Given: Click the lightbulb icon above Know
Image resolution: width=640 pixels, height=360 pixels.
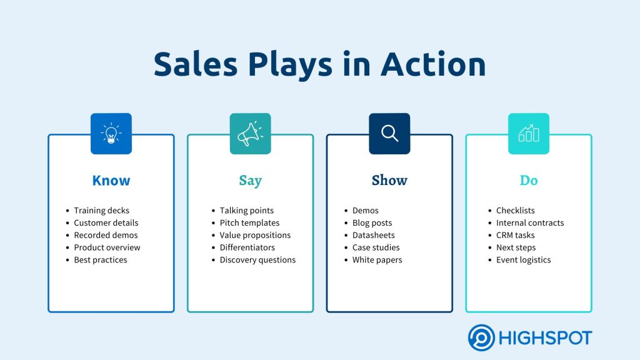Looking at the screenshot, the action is tap(111, 134).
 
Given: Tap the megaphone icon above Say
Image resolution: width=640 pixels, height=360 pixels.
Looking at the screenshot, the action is tap(250, 134).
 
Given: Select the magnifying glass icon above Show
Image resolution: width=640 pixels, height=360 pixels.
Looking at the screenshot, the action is tap(390, 134).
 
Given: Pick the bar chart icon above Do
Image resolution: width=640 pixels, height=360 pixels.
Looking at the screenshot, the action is tap(529, 133).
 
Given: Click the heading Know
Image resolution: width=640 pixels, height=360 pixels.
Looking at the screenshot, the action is tap(111, 181).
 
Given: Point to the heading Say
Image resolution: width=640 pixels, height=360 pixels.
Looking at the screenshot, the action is tap(250, 181).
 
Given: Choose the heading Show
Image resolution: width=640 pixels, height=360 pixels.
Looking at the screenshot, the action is tap(389, 181).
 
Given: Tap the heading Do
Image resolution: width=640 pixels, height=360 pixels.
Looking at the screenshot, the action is tap(529, 181).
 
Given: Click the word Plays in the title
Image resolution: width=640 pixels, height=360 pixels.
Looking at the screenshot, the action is tap(290, 65).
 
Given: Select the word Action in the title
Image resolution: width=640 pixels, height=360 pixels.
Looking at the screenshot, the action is tap(433, 64).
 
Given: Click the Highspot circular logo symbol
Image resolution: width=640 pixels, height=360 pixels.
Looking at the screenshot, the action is tap(481, 338).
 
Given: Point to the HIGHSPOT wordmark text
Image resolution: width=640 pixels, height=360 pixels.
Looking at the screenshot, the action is tap(545, 338).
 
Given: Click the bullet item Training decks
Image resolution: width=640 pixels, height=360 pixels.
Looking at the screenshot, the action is tap(102, 211).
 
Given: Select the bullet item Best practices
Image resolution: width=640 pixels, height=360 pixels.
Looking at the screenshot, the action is tap(101, 260).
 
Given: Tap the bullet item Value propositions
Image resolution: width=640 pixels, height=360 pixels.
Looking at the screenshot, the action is tap(255, 236).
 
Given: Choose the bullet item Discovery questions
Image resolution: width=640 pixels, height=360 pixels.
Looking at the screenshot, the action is tap(257, 260).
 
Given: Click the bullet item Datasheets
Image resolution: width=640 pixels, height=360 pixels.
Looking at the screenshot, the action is tap(374, 235).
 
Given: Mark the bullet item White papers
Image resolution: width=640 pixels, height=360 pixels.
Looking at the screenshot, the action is tap(377, 260).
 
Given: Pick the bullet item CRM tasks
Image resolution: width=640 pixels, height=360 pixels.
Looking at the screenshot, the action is tap(515, 235).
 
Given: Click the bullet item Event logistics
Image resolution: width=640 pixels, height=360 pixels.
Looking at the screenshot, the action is tap(523, 260).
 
